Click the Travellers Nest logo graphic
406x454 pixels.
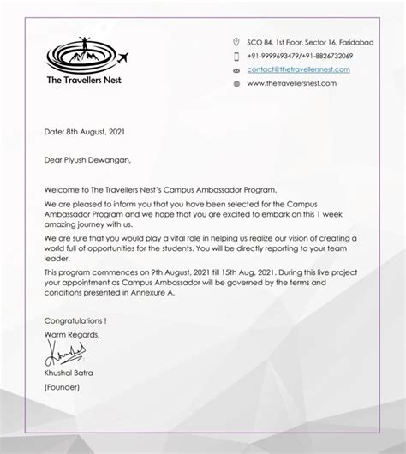click(x=84, y=56)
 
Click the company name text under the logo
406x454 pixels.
click(x=84, y=81)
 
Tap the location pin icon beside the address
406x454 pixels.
click(x=236, y=41)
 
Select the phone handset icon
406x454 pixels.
click(x=236, y=55)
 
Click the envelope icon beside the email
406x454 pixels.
click(x=236, y=69)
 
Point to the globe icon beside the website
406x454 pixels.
click(x=236, y=83)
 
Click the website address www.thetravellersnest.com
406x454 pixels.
click(x=291, y=83)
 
